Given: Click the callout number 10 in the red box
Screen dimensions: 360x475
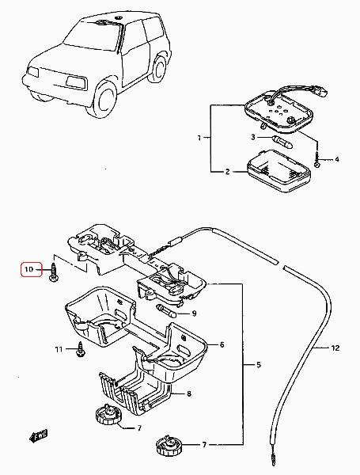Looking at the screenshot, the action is pyautogui.click(x=28, y=269).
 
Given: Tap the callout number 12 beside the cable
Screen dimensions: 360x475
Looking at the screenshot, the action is pyautogui.click(x=335, y=348).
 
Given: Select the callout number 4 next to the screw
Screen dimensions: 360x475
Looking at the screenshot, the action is pyautogui.click(x=337, y=159).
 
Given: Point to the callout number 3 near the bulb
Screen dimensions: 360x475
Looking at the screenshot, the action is pyautogui.click(x=253, y=137).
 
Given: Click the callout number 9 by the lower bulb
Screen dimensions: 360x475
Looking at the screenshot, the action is pyautogui.click(x=194, y=313).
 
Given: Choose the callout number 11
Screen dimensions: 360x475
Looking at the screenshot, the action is pyautogui.click(x=59, y=349).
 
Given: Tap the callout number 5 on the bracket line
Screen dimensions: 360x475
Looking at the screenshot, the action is pyautogui.click(x=258, y=364).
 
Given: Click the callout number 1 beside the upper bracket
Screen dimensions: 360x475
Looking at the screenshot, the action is pyautogui.click(x=199, y=138).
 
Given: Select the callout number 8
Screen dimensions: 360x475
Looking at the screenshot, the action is pyautogui.click(x=189, y=393).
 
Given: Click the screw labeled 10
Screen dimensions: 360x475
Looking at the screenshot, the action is pyautogui.click(x=54, y=272).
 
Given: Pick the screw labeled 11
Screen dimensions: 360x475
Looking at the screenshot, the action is pyautogui.click(x=81, y=349).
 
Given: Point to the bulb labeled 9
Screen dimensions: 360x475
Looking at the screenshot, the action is pyautogui.click(x=166, y=312).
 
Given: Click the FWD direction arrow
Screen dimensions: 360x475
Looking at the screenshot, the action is pyautogui.click(x=38, y=436).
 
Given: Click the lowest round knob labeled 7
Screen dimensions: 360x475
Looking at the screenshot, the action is pyautogui.click(x=169, y=446).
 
